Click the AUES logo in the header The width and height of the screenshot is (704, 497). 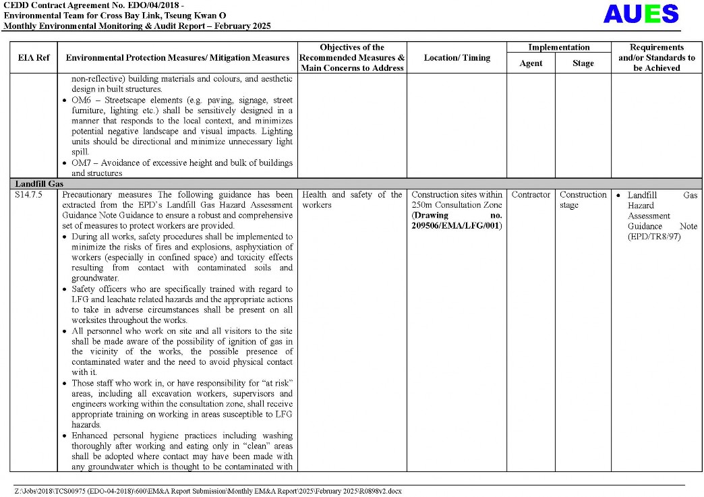click(x=641, y=14)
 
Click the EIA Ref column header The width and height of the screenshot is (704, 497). click(x=33, y=58)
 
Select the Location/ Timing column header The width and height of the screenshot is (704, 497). click(x=457, y=58)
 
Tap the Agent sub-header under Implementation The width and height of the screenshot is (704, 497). click(x=531, y=63)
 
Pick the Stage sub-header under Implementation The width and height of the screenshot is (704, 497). click(x=583, y=63)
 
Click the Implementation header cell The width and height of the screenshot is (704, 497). click(x=558, y=48)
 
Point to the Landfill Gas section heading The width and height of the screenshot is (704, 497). click(x=39, y=183)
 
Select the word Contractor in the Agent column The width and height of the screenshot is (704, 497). click(x=531, y=195)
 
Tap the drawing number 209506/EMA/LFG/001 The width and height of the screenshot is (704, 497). click(x=457, y=225)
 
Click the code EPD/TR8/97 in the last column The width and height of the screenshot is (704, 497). click(x=654, y=237)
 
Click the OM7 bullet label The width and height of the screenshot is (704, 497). click(x=83, y=163)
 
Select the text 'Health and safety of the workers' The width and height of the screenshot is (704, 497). click(x=352, y=200)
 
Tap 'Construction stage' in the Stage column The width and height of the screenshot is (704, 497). click(x=583, y=200)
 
